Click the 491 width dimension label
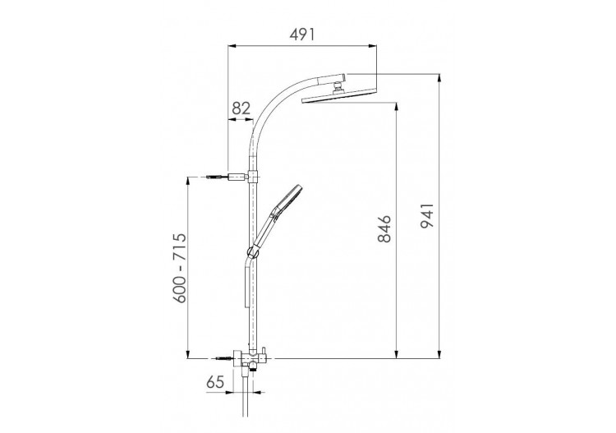(x=302, y=35)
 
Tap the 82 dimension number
(x=241, y=108)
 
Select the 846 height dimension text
(x=384, y=228)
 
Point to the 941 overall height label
(x=427, y=216)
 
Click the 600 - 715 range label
(x=180, y=268)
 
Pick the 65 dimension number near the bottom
(x=215, y=381)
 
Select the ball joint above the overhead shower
(x=338, y=86)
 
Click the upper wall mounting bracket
(x=238, y=177)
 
